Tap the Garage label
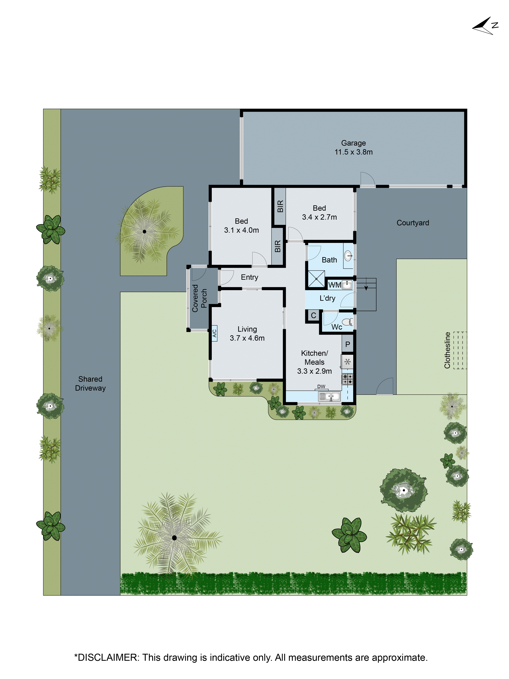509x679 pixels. click(x=353, y=143)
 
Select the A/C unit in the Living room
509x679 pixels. click(x=214, y=333)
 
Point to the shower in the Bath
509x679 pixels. click(x=316, y=278)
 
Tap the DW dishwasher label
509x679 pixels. click(x=321, y=386)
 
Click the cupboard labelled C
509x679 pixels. click(x=313, y=315)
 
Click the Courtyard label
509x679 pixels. click(x=413, y=223)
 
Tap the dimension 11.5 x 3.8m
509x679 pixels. click(x=353, y=152)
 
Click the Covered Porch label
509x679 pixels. click(x=199, y=298)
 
